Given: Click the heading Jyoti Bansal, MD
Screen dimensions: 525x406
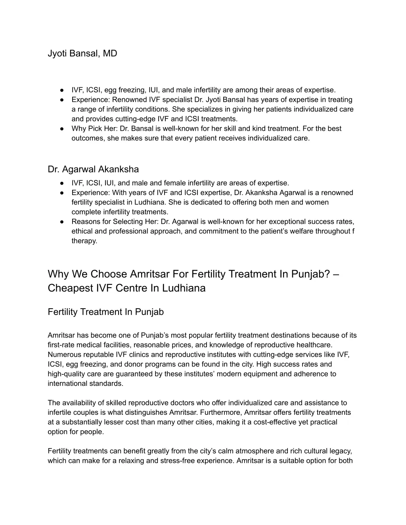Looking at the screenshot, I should tap(82, 53).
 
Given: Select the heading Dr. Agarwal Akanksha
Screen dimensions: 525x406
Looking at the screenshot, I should tap(93, 170).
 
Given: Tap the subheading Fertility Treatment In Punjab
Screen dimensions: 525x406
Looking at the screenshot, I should tap(105, 312).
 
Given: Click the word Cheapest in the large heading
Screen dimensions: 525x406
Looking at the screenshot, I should tap(70, 288).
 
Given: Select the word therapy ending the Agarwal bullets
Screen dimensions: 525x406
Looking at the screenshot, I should tap(84, 241).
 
